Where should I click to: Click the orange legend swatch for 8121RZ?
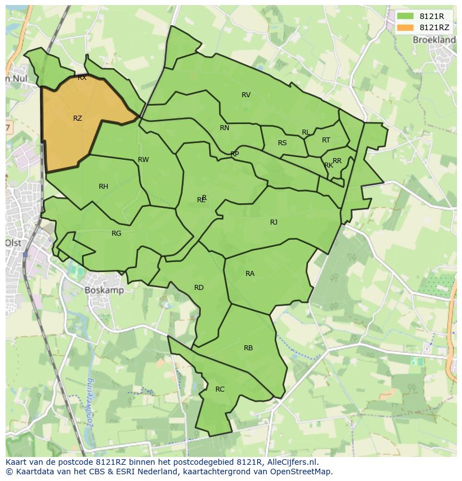coord(405,27)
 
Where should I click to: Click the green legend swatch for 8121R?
coord(405,16)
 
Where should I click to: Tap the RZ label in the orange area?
coord(78,118)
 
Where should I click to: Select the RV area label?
coord(246,95)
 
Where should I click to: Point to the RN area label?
coord(224,128)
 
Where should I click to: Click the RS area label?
coord(282,143)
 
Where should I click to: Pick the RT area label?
coord(326,140)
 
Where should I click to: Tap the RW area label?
coord(143,160)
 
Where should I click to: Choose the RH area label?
coord(103,187)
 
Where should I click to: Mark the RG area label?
coord(116,234)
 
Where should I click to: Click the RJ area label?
coord(273,222)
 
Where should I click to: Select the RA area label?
coord(250,274)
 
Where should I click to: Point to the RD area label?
coord(199,288)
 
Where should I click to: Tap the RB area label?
coord(248,348)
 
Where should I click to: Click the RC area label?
coord(220,389)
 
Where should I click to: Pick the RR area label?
coord(337,161)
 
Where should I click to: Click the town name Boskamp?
coord(104,290)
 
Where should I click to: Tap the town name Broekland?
coord(434,40)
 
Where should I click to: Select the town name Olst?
coord(13,243)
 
